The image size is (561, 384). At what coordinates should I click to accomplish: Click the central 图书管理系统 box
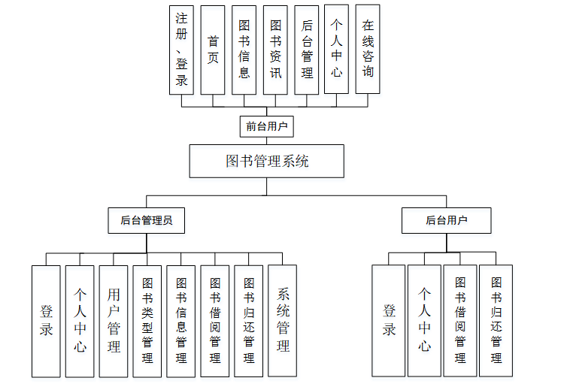click(x=267, y=161)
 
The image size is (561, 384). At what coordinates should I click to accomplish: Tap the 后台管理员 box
click(x=147, y=220)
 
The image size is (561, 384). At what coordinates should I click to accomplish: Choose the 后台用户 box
click(x=446, y=220)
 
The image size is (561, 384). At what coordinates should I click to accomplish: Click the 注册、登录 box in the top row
click(x=182, y=50)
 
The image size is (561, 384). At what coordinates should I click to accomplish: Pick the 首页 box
click(x=213, y=50)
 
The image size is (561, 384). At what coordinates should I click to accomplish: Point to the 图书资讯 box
click(x=275, y=50)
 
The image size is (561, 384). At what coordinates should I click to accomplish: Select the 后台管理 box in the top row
click(x=306, y=50)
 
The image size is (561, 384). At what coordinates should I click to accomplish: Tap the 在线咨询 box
click(x=368, y=50)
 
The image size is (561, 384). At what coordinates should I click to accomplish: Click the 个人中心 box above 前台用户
click(x=337, y=50)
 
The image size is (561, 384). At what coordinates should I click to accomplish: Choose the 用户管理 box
click(x=114, y=320)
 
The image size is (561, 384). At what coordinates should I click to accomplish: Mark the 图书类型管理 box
click(x=147, y=320)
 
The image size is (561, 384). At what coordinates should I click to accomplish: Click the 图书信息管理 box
click(x=181, y=320)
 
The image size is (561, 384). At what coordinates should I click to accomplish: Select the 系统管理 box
click(x=283, y=320)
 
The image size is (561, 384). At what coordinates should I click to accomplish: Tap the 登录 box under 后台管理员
click(x=46, y=320)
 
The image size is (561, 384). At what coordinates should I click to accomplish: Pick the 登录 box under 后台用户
click(x=389, y=320)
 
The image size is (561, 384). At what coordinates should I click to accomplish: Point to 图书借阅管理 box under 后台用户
click(x=460, y=320)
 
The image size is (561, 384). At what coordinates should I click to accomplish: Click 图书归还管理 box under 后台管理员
click(x=249, y=320)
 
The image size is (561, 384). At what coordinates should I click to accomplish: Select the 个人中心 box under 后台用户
click(x=424, y=320)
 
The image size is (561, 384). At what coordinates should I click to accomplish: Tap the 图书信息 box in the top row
click(x=244, y=50)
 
